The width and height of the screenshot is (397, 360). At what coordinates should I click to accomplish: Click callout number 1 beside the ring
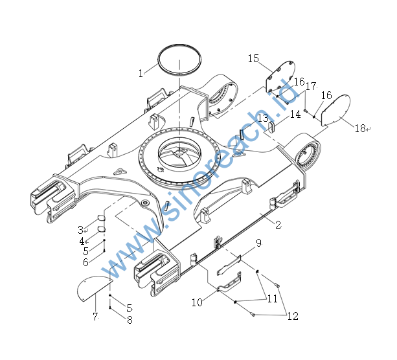(x=141, y=73)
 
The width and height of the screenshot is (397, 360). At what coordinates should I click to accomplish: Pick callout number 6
(x=85, y=262)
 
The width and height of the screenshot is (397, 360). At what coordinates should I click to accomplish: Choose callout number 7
(x=95, y=317)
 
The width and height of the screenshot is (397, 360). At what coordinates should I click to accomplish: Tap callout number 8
(x=130, y=319)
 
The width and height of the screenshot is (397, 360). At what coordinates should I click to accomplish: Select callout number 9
(x=258, y=243)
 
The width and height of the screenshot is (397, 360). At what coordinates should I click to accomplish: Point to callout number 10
(x=197, y=302)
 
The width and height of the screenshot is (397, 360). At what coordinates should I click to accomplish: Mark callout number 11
(x=272, y=299)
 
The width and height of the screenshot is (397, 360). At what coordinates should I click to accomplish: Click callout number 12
(x=293, y=316)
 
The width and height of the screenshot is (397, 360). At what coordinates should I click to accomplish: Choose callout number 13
(x=262, y=118)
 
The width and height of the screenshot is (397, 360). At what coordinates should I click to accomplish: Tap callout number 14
(x=295, y=114)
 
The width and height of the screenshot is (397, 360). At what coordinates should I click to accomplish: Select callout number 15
(x=253, y=59)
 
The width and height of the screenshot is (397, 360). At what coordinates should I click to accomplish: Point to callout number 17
(x=311, y=85)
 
